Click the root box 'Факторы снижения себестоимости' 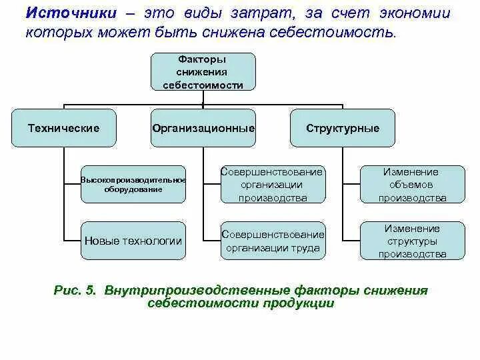[203, 72]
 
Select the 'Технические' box [64, 128]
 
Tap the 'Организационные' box [203, 128]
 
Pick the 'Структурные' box [343, 128]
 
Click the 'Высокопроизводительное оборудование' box [133, 185]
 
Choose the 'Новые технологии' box [133, 241]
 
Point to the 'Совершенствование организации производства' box [273, 185]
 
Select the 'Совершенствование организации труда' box [273, 241]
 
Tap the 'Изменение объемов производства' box [412, 185]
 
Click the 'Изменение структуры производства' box [412, 241]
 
